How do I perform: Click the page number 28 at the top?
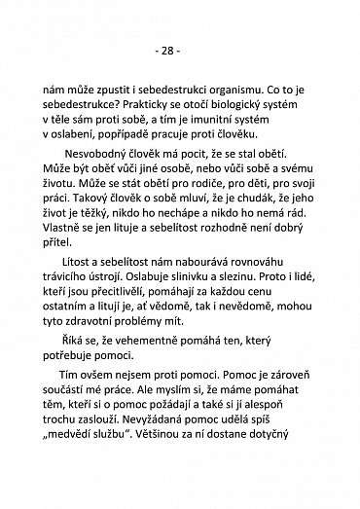coord(180,50)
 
